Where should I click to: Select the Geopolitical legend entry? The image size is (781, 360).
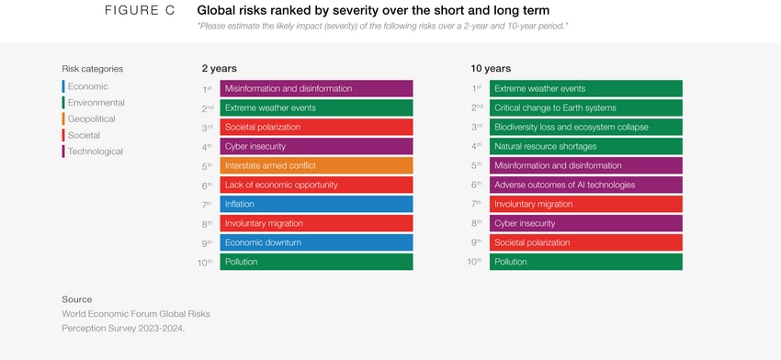[91, 119]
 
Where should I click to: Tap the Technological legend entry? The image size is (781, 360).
[95, 152]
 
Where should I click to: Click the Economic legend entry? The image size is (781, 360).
[87, 86]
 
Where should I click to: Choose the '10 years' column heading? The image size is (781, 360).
[491, 69]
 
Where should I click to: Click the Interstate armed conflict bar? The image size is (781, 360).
[317, 165]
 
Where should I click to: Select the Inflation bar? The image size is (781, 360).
[317, 204]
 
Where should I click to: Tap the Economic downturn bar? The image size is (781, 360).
[317, 242]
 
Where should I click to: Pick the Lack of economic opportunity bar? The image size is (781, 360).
[317, 185]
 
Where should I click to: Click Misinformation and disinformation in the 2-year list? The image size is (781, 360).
[317, 88]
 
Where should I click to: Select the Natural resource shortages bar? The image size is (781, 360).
[585, 146]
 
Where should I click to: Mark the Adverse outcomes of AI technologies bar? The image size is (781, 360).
[585, 185]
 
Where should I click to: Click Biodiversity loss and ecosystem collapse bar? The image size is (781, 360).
[585, 127]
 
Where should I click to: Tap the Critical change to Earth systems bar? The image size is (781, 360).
[585, 107]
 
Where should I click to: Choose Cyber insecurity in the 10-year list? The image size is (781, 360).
[585, 223]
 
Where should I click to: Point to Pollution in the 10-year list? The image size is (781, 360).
[585, 262]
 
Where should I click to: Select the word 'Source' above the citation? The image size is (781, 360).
[77, 299]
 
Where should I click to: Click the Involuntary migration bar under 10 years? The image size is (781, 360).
[585, 204]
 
